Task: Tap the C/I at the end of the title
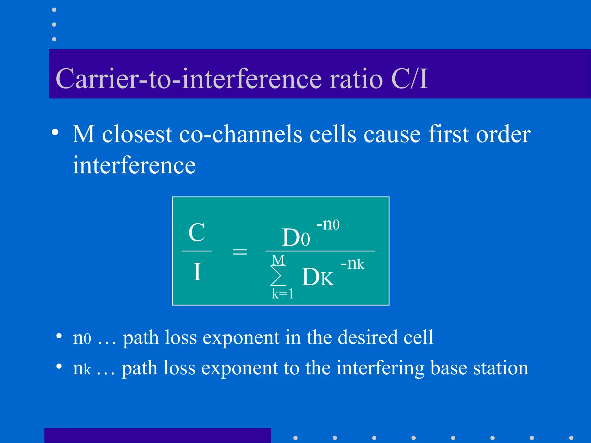[x=409, y=79]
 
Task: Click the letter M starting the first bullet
[x=84, y=134]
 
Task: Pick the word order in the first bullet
[x=503, y=134]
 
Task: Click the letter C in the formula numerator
[x=197, y=232]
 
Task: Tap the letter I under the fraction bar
[x=197, y=272]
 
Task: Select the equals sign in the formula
[x=240, y=251]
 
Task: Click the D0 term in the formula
[x=296, y=238]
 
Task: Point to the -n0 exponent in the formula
[x=328, y=224]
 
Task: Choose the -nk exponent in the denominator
[x=352, y=264]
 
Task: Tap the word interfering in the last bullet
[x=380, y=368]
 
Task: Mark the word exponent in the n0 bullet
[x=241, y=338]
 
